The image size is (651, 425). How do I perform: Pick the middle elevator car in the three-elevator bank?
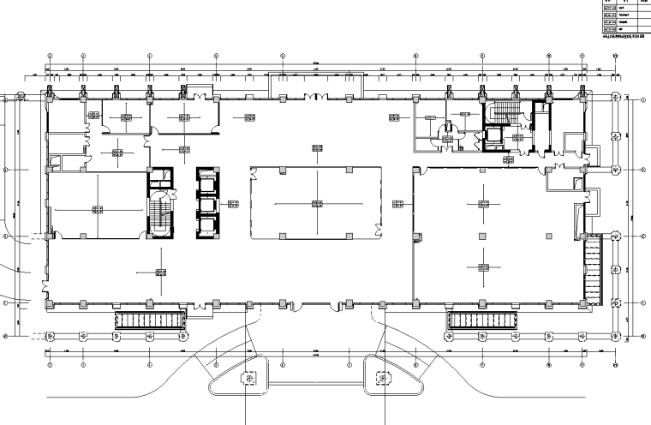(206, 205)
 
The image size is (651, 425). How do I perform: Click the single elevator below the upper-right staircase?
(494, 136)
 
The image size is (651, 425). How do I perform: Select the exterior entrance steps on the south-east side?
(482, 320)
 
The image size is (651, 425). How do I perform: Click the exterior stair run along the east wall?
(591, 267)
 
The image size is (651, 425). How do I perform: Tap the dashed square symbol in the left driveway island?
(250, 378)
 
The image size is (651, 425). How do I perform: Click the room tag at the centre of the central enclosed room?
(317, 203)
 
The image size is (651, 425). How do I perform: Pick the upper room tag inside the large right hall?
(478, 203)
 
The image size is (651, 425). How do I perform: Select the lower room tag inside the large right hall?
(478, 267)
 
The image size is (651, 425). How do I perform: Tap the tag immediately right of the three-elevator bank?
(233, 203)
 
